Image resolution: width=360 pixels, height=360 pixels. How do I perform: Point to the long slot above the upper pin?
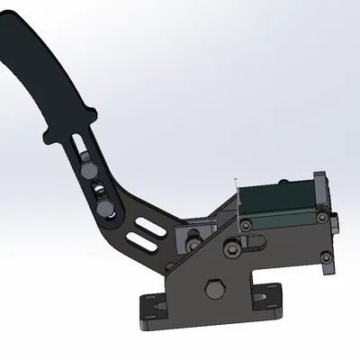[x=82, y=144]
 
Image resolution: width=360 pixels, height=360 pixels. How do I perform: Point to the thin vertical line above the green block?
[x=235, y=193]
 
